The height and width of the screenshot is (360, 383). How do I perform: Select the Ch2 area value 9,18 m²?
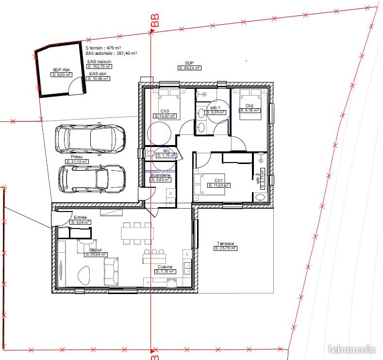click(250, 110)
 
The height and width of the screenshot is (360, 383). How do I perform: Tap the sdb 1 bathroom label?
click(216, 107)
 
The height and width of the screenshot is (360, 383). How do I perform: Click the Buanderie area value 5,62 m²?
click(161, 180)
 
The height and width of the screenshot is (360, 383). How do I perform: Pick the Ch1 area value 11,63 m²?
click(219, 185)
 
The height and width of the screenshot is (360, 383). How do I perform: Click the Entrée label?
click(80, 217)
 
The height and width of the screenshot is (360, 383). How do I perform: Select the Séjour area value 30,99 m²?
click(96, 254)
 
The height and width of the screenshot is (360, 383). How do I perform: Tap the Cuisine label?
click(165, 267)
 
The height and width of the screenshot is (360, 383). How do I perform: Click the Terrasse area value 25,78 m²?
click(225, 248)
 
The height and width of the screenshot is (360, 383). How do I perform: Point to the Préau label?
click(77, 156)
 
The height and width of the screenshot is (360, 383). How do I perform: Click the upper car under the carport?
click(90, 139)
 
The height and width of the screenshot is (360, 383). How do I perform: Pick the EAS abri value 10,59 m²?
click(99, 78)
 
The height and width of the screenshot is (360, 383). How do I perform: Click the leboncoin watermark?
click(351, 349)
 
